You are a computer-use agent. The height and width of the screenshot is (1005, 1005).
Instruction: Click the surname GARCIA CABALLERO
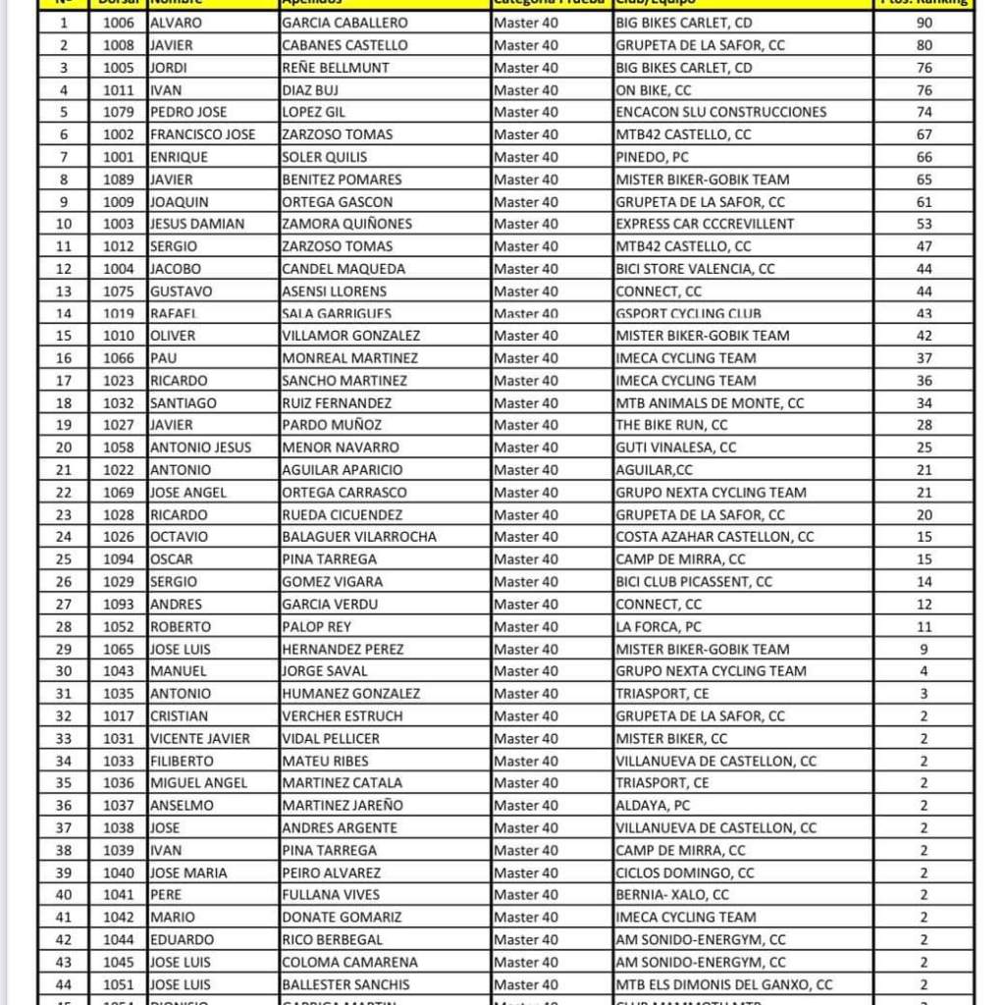[x=344, y=23]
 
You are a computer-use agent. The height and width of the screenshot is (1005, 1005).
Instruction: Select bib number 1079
[x=118, y=112]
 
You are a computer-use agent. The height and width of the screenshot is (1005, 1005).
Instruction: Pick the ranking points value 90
[x=924, y=23]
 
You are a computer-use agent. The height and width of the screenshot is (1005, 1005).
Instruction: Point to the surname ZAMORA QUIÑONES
[x=346, y=224]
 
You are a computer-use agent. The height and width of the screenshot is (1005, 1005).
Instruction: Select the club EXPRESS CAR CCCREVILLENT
[x=705, y=224]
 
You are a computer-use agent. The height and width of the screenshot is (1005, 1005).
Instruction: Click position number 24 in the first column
[x=64, y=537]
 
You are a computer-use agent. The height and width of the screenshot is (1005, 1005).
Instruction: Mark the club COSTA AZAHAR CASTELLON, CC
[x=714, y=537]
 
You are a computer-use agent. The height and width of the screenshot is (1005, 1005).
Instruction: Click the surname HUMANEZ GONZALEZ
[x=350, y=694]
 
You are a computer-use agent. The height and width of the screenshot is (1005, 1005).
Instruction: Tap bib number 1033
[x=118, y=761]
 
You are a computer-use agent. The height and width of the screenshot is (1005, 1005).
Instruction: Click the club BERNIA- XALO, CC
[x=672, y=895]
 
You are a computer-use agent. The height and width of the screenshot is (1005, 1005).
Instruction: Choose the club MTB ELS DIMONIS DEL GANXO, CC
[x=724, y=984]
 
